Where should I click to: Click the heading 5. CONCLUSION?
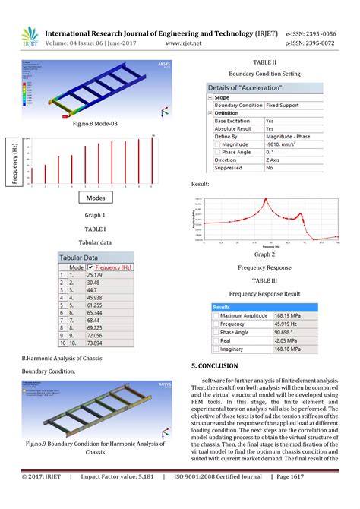(223, 366)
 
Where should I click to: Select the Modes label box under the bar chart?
(95, 198)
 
